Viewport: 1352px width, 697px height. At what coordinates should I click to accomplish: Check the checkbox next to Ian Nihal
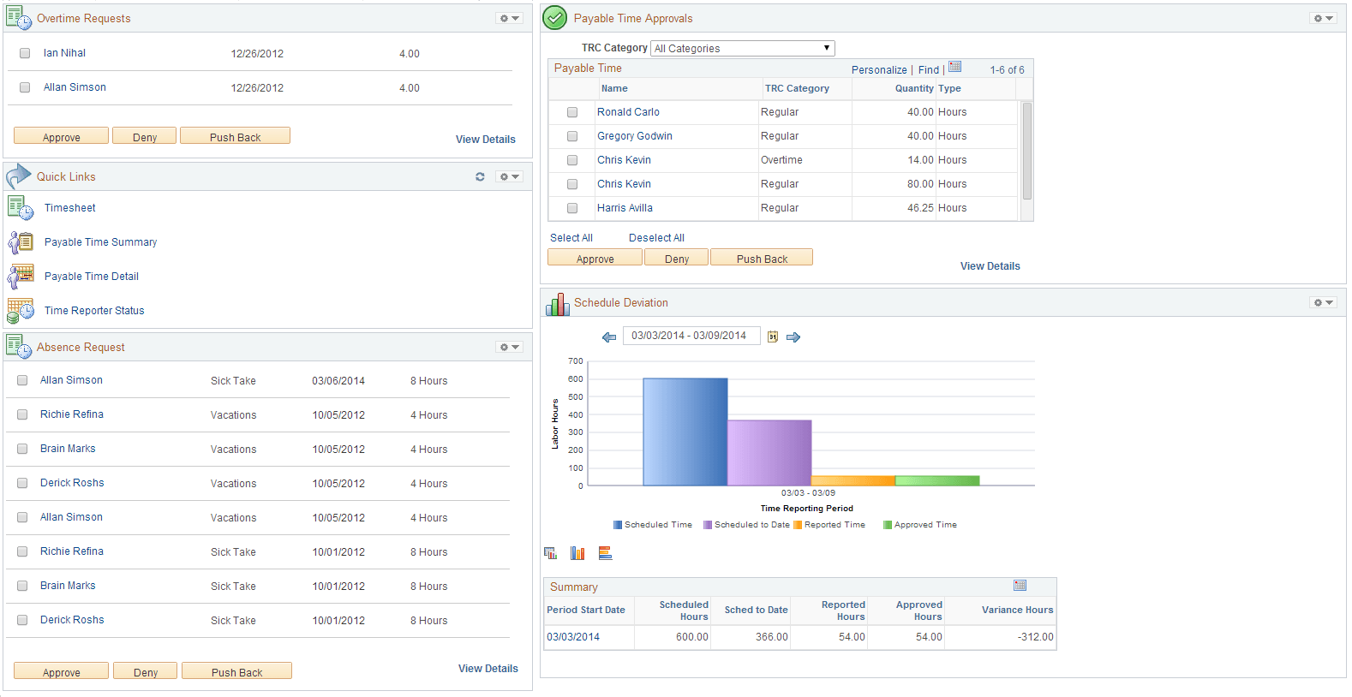25,53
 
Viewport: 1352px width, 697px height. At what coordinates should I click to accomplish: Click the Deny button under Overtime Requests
145,137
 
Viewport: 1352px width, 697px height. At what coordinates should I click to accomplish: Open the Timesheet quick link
70,208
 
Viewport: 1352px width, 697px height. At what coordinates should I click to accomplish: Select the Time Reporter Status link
94,311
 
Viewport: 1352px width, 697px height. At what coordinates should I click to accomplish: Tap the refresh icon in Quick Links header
480,176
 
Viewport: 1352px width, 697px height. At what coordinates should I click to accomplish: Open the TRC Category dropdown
742,49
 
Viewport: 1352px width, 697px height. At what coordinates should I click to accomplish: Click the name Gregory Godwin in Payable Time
635,136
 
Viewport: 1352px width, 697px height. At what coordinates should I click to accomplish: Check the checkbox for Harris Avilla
572,208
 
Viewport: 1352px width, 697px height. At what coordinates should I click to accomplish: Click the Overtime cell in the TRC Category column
781,160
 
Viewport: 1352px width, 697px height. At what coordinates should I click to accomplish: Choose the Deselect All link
656,238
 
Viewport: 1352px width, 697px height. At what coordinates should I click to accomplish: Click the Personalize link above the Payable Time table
879,70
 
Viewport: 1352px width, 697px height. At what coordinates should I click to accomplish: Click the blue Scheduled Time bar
685,432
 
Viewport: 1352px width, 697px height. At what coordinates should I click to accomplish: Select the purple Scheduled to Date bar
769,452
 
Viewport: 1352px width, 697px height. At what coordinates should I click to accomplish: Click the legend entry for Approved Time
924,525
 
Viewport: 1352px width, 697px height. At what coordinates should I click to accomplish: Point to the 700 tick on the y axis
576,361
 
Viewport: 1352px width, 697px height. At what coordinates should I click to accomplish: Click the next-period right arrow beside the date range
793,337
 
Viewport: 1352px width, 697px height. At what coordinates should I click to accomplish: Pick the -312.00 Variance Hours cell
1035,637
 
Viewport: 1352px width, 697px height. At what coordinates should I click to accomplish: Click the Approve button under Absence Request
62,672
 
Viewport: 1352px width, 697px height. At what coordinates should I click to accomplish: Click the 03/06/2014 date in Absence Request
338,381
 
